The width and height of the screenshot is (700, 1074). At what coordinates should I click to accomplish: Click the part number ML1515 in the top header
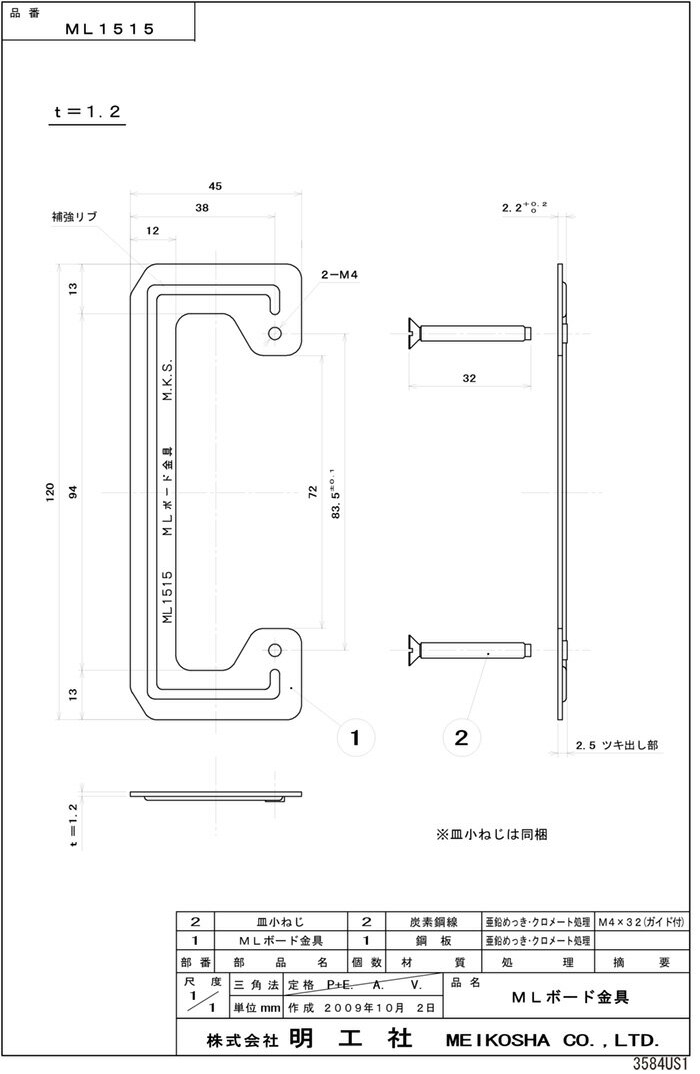click(109, 30)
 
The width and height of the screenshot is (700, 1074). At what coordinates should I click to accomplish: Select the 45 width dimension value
click(215, 186)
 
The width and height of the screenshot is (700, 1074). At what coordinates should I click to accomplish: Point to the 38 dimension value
click(203, 209)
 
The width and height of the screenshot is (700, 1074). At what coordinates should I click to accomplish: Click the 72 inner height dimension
click(312, 492)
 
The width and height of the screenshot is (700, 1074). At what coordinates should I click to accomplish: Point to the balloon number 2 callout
click(460, 738)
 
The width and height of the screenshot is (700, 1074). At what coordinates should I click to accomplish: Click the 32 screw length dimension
click(469, 379)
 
